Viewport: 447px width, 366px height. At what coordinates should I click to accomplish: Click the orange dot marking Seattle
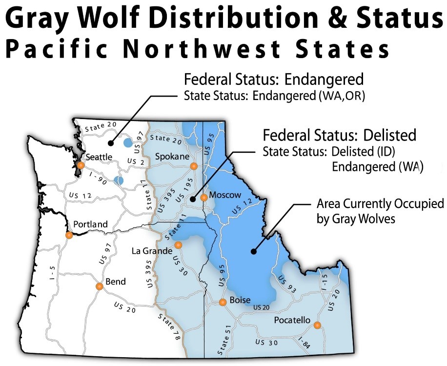click(81, 165)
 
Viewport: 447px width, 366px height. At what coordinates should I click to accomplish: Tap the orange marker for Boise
click(223, 303)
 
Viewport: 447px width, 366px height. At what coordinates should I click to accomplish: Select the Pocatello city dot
click(317, 325)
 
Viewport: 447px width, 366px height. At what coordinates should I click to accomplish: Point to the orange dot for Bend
click(99, 287)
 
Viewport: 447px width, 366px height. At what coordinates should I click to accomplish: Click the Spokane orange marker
click(194, 166)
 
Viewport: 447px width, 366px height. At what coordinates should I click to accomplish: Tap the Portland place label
click(91, 224)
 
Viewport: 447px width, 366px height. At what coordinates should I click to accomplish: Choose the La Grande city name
click(152, 251)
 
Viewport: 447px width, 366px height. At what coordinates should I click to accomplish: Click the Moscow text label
click(225, 195)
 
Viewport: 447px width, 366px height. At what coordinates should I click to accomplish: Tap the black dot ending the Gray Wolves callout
click(253, 252)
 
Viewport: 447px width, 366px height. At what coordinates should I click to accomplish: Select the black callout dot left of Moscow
click(193, 199)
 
